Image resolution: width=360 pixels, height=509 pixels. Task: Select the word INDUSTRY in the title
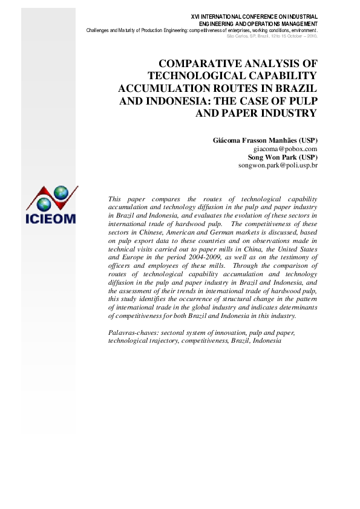pyautogui.click(x=286, y=112)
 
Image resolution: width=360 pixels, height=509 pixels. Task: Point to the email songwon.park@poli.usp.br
pyautogui.click(x=278, y=164)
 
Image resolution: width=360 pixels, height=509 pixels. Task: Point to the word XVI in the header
pyautogui.click(x=197, y=16)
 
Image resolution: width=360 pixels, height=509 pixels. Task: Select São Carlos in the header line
pyautogui.click(x=238, y=36)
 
